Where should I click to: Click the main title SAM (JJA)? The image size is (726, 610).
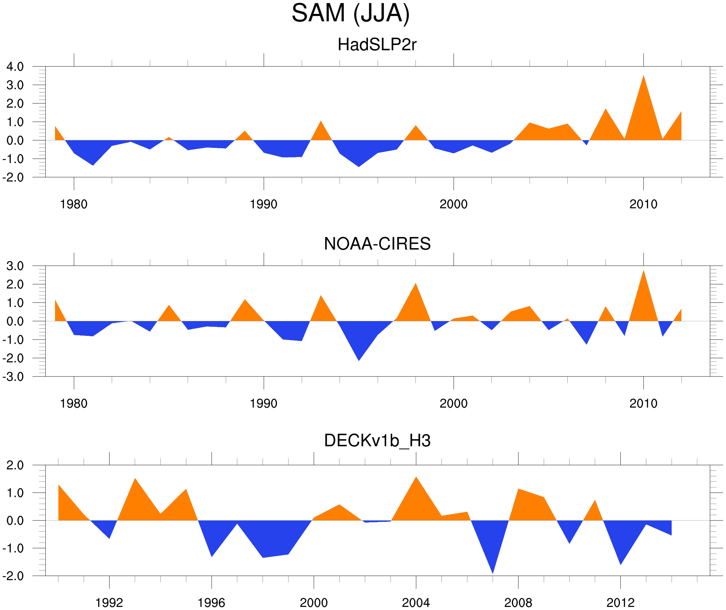tap(351, 13)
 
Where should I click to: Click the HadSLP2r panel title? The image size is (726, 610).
tap(377, 45)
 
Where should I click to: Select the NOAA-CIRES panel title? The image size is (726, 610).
tap(377, 244)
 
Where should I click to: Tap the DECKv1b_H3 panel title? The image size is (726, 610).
tap(377, 441)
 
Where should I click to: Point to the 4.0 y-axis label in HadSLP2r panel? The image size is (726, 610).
tap(15, 67)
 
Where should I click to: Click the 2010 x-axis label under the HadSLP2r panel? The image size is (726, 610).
tap(643, 204)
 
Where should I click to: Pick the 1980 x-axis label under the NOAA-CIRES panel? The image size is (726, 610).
tap(74, 403)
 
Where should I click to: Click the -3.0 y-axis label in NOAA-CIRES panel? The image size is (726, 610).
tap(13, 377)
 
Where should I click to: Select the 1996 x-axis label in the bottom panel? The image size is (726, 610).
tap(211, 603)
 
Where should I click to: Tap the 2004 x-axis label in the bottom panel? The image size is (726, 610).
tap(415, 603)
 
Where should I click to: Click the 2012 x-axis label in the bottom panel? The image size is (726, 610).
tap(620, 603)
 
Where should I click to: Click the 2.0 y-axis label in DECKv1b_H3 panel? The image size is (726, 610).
tap(15, 466)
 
